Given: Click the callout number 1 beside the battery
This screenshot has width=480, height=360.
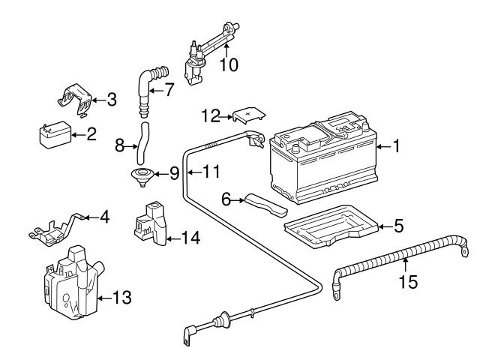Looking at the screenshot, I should (395, 148).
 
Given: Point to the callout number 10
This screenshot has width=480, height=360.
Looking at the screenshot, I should (229, 65).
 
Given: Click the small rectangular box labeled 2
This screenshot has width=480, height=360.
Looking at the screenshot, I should (55, 136).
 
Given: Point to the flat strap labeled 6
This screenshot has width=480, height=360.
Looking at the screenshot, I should (264, 204).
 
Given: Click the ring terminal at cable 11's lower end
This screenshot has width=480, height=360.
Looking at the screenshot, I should (187, 334).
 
